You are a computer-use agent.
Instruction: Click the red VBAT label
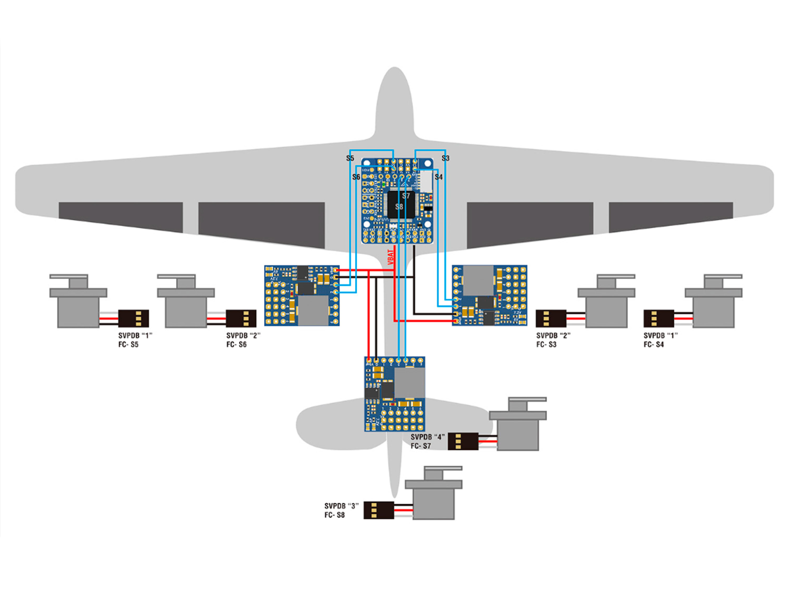pyautogui.click(x=391, y=257)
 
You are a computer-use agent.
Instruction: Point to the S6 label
pyautogui.click(x=356, y=177)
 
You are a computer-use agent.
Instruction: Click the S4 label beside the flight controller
pyautogui.click(x=439, y=177)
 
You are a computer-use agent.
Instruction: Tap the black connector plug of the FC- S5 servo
pyautogui.click(x=133, y=318)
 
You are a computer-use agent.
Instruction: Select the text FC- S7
pyautogui.click(x=421, y=446)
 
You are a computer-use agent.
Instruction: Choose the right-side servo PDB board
pyautogui.click(x=489, y=295)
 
